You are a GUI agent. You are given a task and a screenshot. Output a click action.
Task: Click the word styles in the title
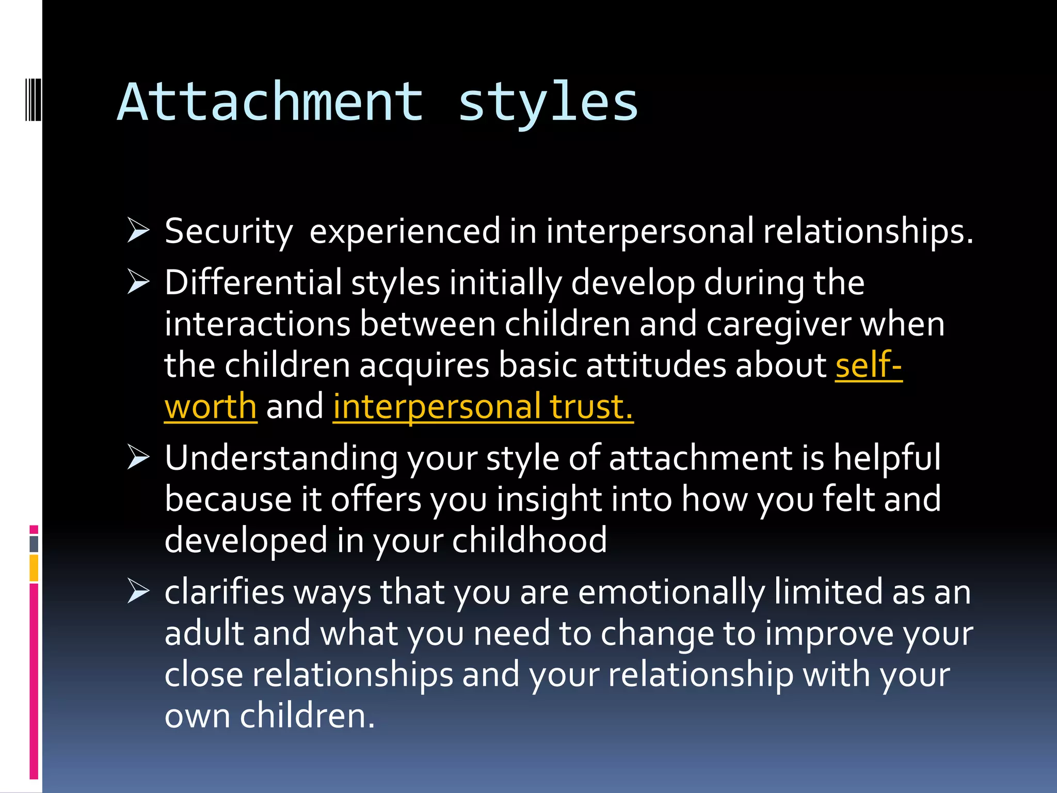click(x=548, y=103)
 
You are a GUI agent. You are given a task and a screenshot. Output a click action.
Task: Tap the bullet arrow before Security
click(x=138, y=231)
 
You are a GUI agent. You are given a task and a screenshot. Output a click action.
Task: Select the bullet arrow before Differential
click(x=138, y=282)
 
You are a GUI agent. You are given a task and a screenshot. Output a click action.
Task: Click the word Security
click(x=229, y=232)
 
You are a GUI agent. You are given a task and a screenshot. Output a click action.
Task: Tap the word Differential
click(x=253, y=282)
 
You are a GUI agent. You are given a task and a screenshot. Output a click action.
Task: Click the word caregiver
click(x=778, y=324)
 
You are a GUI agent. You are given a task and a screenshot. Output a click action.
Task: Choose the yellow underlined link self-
click(x=869, y=366)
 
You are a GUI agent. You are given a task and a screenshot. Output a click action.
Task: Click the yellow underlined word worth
click(x=211, y=407)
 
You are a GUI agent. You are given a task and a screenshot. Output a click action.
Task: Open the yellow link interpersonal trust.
click(x=483, y=407)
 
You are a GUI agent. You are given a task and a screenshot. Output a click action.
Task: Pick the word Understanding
click(x=281, y=458)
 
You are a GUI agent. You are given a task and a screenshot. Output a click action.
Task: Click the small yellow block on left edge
click(x=34, y=568)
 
